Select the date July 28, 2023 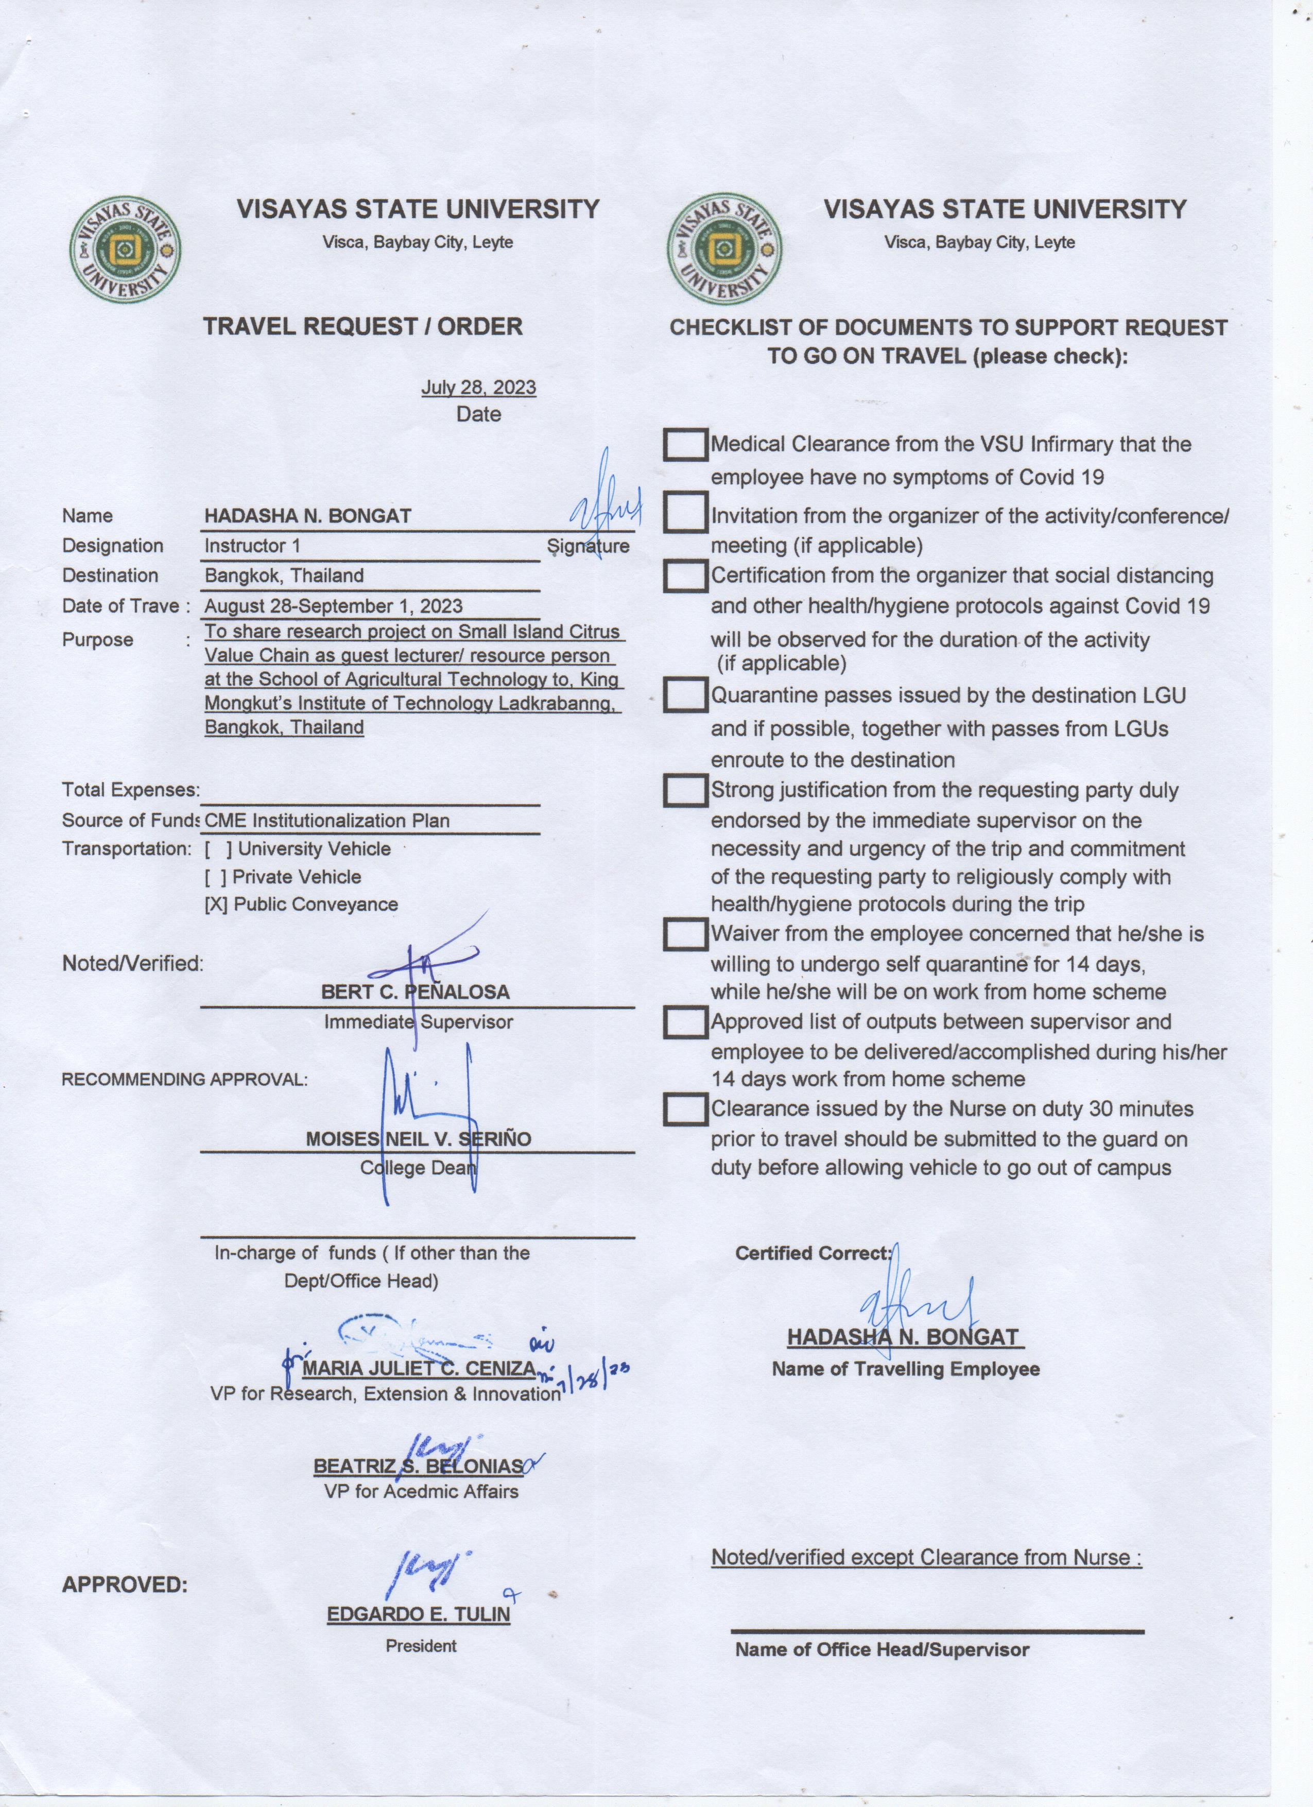pyautogui.click(x=478, y=388)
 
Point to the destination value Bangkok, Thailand pyautogui.click(x=284, y=576)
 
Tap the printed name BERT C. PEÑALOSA pyautogui.click(x=415, y=993)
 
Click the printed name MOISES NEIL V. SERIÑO pyautogui.click(x=418, y=1139)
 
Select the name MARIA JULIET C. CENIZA pyautogui.click(x=418, y=1369)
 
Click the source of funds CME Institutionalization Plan pyautogui.click(x=326, y=821)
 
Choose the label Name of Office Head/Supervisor pyautogui.click(x=882, y=1650)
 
